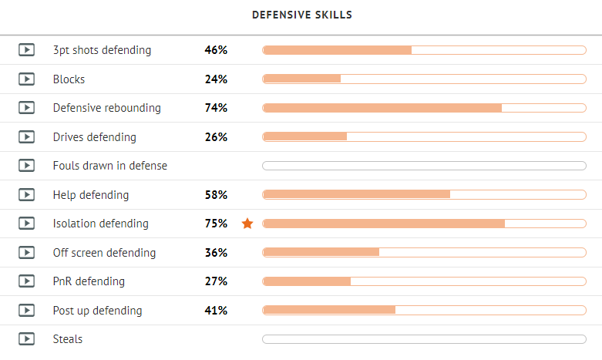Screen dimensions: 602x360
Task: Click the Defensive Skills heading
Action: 301,15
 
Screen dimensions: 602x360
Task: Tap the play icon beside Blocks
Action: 26,79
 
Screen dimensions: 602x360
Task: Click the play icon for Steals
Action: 26,339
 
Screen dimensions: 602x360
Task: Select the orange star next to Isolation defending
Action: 247,224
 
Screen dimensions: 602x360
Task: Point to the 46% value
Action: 216,50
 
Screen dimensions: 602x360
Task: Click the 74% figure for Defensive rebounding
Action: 216,108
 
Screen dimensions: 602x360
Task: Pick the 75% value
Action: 216,224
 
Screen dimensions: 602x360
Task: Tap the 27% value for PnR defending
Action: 216,281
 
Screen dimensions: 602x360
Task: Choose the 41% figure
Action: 216,310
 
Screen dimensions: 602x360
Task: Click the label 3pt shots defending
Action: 102,50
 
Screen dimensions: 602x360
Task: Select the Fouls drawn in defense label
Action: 109,166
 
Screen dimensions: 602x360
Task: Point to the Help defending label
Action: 91,195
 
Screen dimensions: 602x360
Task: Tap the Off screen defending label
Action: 104,253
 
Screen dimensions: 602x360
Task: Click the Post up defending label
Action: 97,311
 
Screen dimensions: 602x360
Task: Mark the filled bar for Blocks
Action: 301,79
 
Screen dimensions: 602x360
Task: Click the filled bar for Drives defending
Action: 304,136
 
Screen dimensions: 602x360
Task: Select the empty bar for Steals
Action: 424,339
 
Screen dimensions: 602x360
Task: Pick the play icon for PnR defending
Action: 26,281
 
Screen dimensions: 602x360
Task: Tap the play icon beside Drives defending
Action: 26,136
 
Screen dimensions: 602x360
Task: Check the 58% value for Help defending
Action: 216,194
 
